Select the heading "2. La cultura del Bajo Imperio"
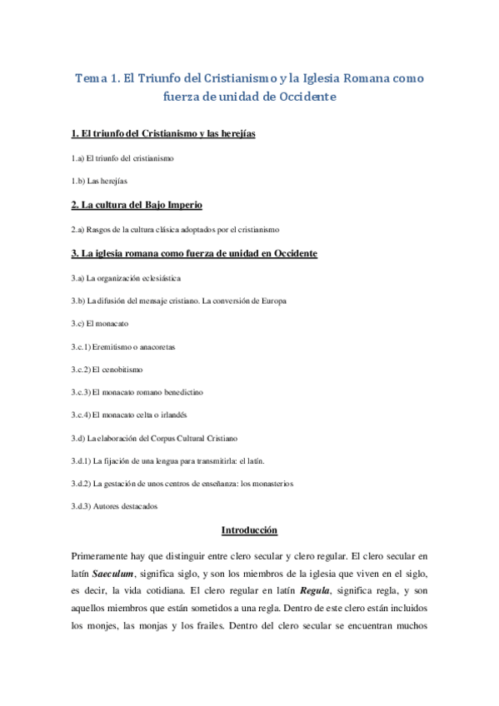pyautogui.click(x=137, y=205)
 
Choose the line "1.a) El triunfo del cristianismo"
pyautogui.click(x=122, y=157)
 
